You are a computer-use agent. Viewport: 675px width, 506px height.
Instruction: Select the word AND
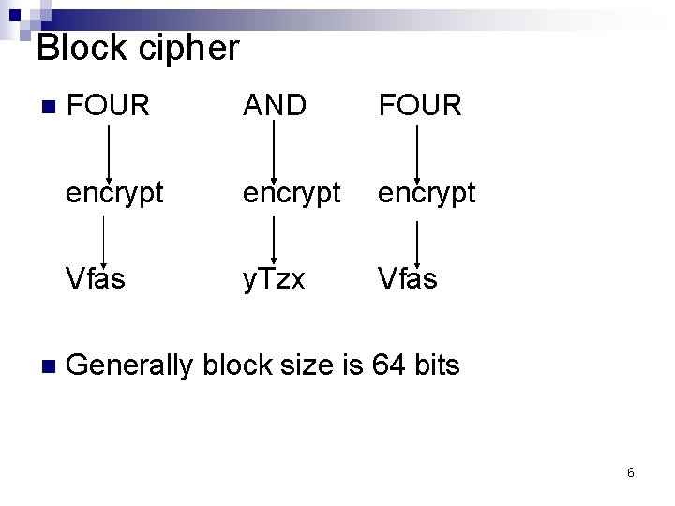point(275,106)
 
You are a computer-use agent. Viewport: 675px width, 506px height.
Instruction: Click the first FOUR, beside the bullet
point(109,106)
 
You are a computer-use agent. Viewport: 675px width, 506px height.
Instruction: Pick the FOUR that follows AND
point(420,106)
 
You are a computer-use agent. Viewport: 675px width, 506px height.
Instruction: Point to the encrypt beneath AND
point(292,193)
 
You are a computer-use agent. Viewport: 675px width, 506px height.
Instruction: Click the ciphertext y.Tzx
point(274,279)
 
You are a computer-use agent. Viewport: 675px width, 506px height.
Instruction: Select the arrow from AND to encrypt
point(273,150)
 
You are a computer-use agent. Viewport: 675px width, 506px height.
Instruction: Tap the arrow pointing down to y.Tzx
point(273,238)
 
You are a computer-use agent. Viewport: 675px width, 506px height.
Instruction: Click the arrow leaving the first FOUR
point(109,150)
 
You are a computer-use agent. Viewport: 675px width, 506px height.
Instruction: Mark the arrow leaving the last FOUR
point(416,150)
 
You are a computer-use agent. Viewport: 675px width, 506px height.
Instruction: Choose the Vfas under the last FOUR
point(408,278)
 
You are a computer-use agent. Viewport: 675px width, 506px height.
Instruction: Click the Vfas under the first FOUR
point(96,278)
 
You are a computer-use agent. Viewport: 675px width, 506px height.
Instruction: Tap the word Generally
point(130,365)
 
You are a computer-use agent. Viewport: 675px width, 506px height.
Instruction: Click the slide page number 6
point(630,473)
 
